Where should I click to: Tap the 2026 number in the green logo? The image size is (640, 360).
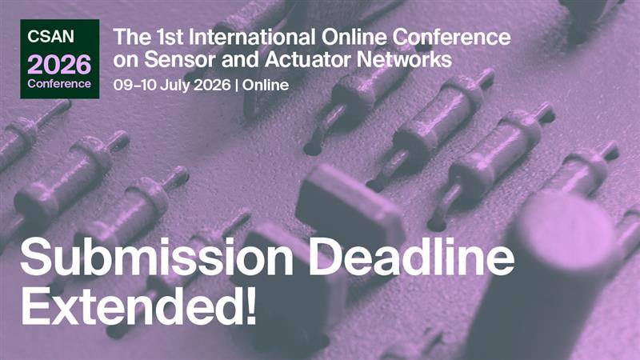(x=59, y=64)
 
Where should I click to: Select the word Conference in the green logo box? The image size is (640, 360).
(x=59, y=83)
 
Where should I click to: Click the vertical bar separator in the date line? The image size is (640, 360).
(x=237, y=84)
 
